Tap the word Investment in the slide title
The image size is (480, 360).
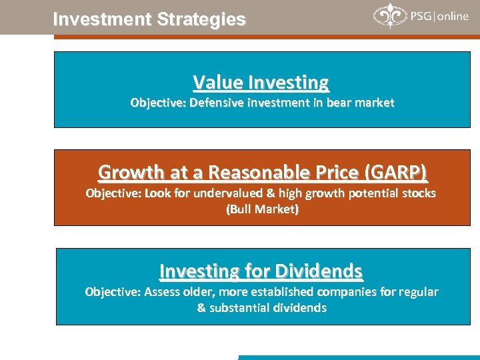[102, 20]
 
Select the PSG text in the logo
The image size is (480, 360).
[420, 16]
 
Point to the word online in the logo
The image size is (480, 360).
[453, 16]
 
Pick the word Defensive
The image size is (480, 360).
[214, 103]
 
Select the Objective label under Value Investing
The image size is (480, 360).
[158, 103]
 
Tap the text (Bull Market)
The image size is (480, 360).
[262, 209]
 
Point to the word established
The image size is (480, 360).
[283, 292]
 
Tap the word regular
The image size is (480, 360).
[417, 292]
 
